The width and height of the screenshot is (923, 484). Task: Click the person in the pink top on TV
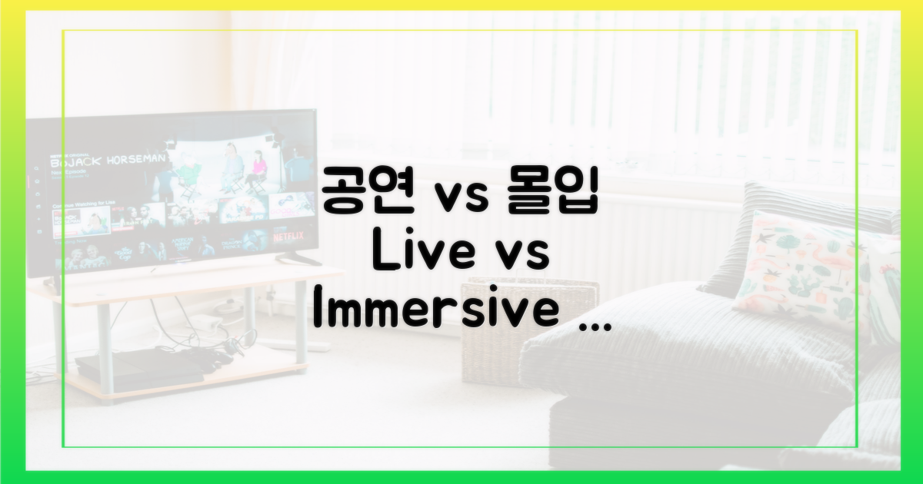(257, 167)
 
